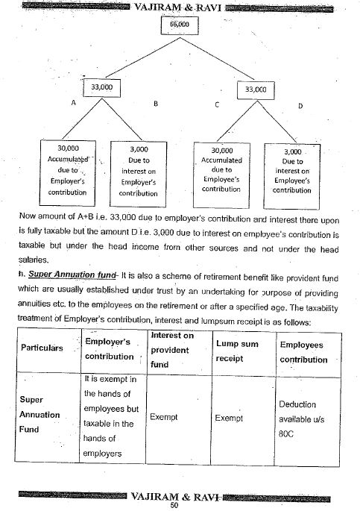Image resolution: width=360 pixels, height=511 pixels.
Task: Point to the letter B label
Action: (x=154, y=104)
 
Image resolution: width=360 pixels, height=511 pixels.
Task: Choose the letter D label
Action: (x=300, y=105)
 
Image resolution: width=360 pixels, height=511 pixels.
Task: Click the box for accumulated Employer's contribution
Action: (x=68, y=169)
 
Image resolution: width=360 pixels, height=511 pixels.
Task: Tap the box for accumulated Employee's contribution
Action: (x=221, y=169)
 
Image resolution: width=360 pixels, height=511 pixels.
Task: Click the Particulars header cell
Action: (x=41, y=348)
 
